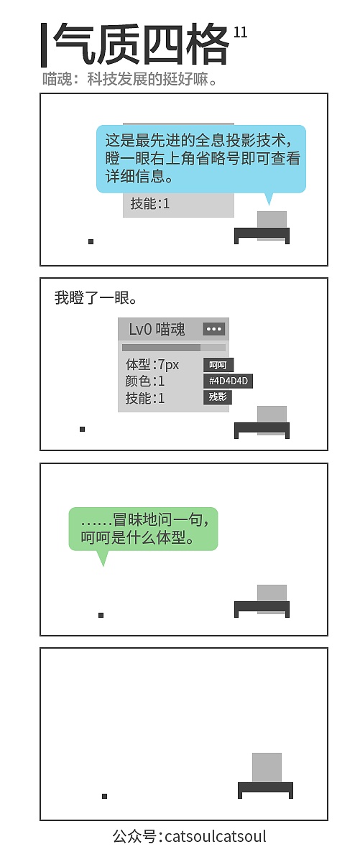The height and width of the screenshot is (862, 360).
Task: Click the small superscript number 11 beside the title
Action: (x=240, y=32)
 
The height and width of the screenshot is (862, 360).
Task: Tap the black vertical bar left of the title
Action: (x=44, y=45)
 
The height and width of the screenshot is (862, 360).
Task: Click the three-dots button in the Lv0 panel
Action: (x=214, y=329)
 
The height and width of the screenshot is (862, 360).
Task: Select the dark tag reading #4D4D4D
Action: (x=228, y=381)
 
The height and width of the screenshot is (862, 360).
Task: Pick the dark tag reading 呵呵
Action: (x=218, y=365)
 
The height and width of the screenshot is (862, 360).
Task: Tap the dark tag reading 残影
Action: (x=218, y=397)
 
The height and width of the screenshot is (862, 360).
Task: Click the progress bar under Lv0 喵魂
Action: (x=174, y=348)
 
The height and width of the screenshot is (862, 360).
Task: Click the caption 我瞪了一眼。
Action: (x=96, y=298)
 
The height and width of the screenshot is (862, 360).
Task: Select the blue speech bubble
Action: (x=201, y=159)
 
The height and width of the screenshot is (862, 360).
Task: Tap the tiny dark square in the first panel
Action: (x=91, y=241)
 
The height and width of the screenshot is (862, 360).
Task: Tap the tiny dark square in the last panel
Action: (x=104, y=796)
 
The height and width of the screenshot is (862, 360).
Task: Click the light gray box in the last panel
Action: (x=267, y=767)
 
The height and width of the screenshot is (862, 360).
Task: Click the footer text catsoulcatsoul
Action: (x=216, y=836)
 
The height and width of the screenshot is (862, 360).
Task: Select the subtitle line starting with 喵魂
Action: (x=129, y=79)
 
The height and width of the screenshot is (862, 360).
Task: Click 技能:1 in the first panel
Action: (x=149, y=203)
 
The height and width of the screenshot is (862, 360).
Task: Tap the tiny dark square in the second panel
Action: (x=82, y=429)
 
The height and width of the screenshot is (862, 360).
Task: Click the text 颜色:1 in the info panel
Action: (x=144, y=381)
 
